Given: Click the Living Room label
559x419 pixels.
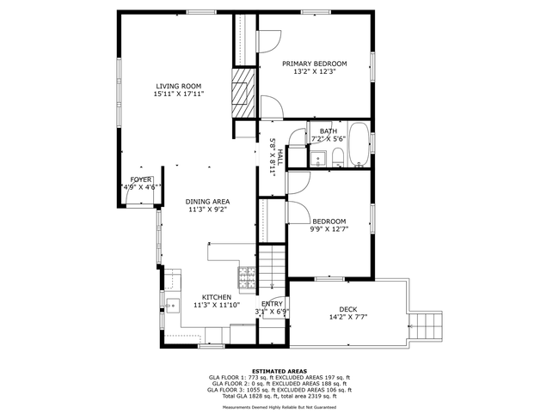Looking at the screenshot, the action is coord(179,86).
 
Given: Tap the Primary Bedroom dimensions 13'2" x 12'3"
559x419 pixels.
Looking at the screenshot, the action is coord(315,71).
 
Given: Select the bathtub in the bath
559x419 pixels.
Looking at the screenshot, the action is coord(359,144).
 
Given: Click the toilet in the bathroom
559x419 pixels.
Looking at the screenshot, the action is coord(338,158).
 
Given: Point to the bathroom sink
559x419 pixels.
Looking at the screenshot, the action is coord(317,159).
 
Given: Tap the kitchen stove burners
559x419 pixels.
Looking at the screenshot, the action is coord(247,277).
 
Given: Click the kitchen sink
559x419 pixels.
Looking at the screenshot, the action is coord(173,306).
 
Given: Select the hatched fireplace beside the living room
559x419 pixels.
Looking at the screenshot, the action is coord(243,94).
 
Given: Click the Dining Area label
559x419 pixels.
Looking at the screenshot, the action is coord(207,202).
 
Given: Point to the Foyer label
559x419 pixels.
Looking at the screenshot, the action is coord(141,179).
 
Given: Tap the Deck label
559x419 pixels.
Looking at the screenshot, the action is coord(348,309).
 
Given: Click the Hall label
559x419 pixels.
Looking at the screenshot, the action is coord(280,156).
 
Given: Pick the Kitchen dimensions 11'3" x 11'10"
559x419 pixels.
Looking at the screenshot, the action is coord(217,305).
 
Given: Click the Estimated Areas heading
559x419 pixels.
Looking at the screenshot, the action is coord(279,371).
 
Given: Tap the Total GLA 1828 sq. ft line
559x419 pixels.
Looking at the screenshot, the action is coord(279,396).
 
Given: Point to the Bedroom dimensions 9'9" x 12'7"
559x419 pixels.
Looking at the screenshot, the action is coord(329,229).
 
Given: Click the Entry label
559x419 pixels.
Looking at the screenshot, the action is coord(272,304).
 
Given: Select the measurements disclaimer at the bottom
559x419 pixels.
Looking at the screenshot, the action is coord(279,407).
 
